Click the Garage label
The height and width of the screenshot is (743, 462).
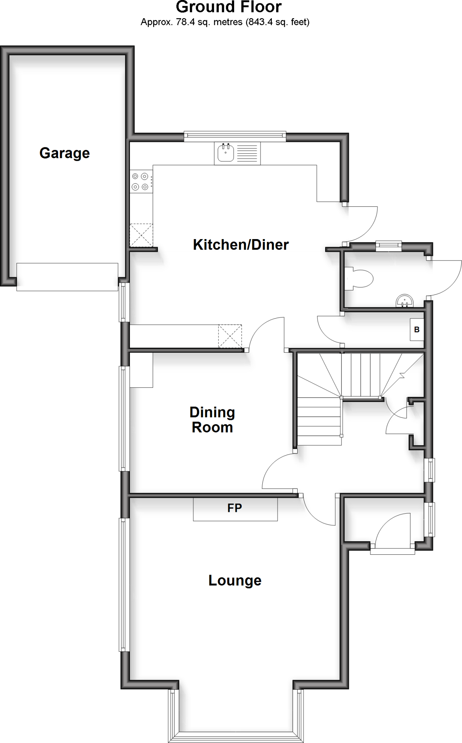(65, 153)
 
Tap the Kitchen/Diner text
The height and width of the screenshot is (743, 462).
(241, 245)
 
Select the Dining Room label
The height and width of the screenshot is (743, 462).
(212, 420)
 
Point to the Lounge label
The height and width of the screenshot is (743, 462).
(235, 580)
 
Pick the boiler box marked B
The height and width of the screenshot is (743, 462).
(417, 329)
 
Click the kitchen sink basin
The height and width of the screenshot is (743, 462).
(225, 153)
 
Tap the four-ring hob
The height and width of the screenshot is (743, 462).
(140, 182)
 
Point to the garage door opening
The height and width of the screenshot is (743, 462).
(67, 277)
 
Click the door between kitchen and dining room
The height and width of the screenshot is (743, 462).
(267, 334)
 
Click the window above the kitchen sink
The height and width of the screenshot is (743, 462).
(235, 137)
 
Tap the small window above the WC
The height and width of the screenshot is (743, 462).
(388, 246)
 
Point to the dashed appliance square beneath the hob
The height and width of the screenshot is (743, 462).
(141, 235)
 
